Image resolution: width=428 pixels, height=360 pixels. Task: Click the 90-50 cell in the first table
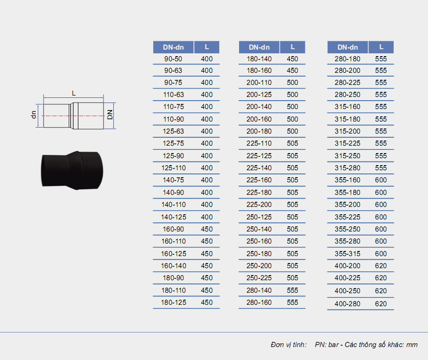click(173, 59)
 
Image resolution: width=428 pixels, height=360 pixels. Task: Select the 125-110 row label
click(173, 168)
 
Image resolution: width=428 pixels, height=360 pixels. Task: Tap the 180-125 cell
click(173, 302)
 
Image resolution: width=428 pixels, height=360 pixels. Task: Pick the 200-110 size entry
click(259, 83)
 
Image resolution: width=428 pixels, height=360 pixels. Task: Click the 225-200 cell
click(259, 205)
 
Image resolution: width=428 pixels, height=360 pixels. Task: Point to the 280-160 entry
click(259, 302)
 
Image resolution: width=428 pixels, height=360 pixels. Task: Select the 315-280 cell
click(348, 168)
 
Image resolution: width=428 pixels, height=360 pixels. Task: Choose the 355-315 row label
click(348, 254)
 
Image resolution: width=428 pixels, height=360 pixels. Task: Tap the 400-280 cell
click(348, 304)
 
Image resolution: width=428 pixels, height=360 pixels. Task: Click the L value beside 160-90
click(207, 229)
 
